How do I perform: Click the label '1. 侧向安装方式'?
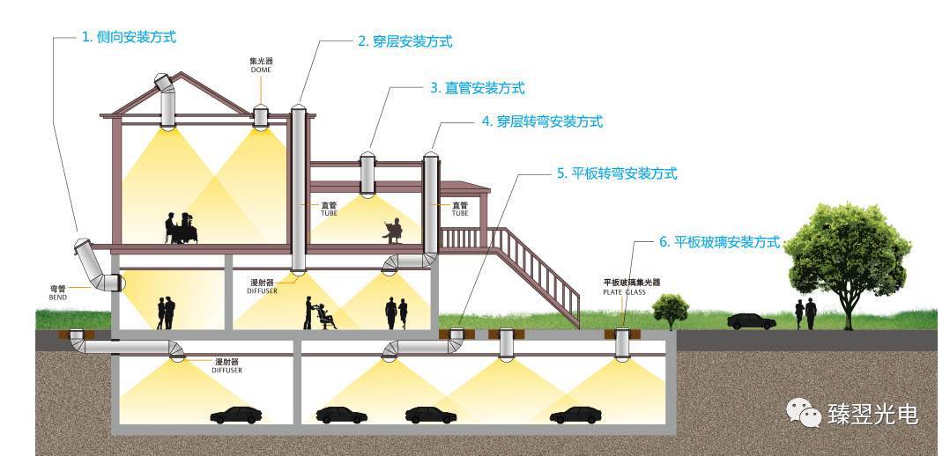click(129, 38)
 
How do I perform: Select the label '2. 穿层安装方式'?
click(405, 41)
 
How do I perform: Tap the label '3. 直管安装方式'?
click(478, 88)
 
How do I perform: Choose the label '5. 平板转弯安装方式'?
click(617, 173)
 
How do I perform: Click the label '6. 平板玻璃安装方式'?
click(718, 241)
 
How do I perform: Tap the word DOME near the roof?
click(261, 70)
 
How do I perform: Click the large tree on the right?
click(847, 255)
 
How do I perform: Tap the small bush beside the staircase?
click(671, 309)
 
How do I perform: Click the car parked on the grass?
click(751, 321)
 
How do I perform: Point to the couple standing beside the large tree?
click(805, 313)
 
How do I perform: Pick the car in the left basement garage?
click(235, 415)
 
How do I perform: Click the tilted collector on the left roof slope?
click(166, 84)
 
